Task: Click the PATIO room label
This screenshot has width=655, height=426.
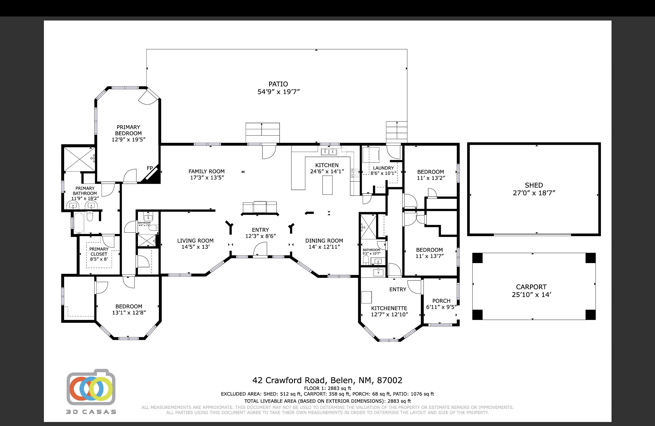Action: click(278, 84)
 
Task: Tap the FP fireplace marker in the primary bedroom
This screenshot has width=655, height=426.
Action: click(150, 168)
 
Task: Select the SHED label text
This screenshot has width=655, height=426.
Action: click(534, 185)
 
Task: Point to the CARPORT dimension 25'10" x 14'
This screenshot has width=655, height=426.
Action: click(531, 295)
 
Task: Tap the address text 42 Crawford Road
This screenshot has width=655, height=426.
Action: click(290, 380)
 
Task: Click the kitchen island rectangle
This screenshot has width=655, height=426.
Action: click(327, 185)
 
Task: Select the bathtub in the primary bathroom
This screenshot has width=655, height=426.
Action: click(79, 223)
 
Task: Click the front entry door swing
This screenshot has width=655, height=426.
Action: click(260, 249)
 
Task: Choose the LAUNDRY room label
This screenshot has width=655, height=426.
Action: click(383, 168)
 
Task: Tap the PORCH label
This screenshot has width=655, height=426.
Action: click(441, 301)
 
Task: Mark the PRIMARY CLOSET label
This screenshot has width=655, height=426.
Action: click(99, 252)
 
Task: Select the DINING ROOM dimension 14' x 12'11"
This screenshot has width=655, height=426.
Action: click(324, 247)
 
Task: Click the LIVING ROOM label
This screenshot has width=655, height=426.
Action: click(195, 241)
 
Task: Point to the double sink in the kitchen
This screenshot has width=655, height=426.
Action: click(329, 151)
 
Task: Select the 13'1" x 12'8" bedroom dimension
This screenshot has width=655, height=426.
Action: click(129, 313)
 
